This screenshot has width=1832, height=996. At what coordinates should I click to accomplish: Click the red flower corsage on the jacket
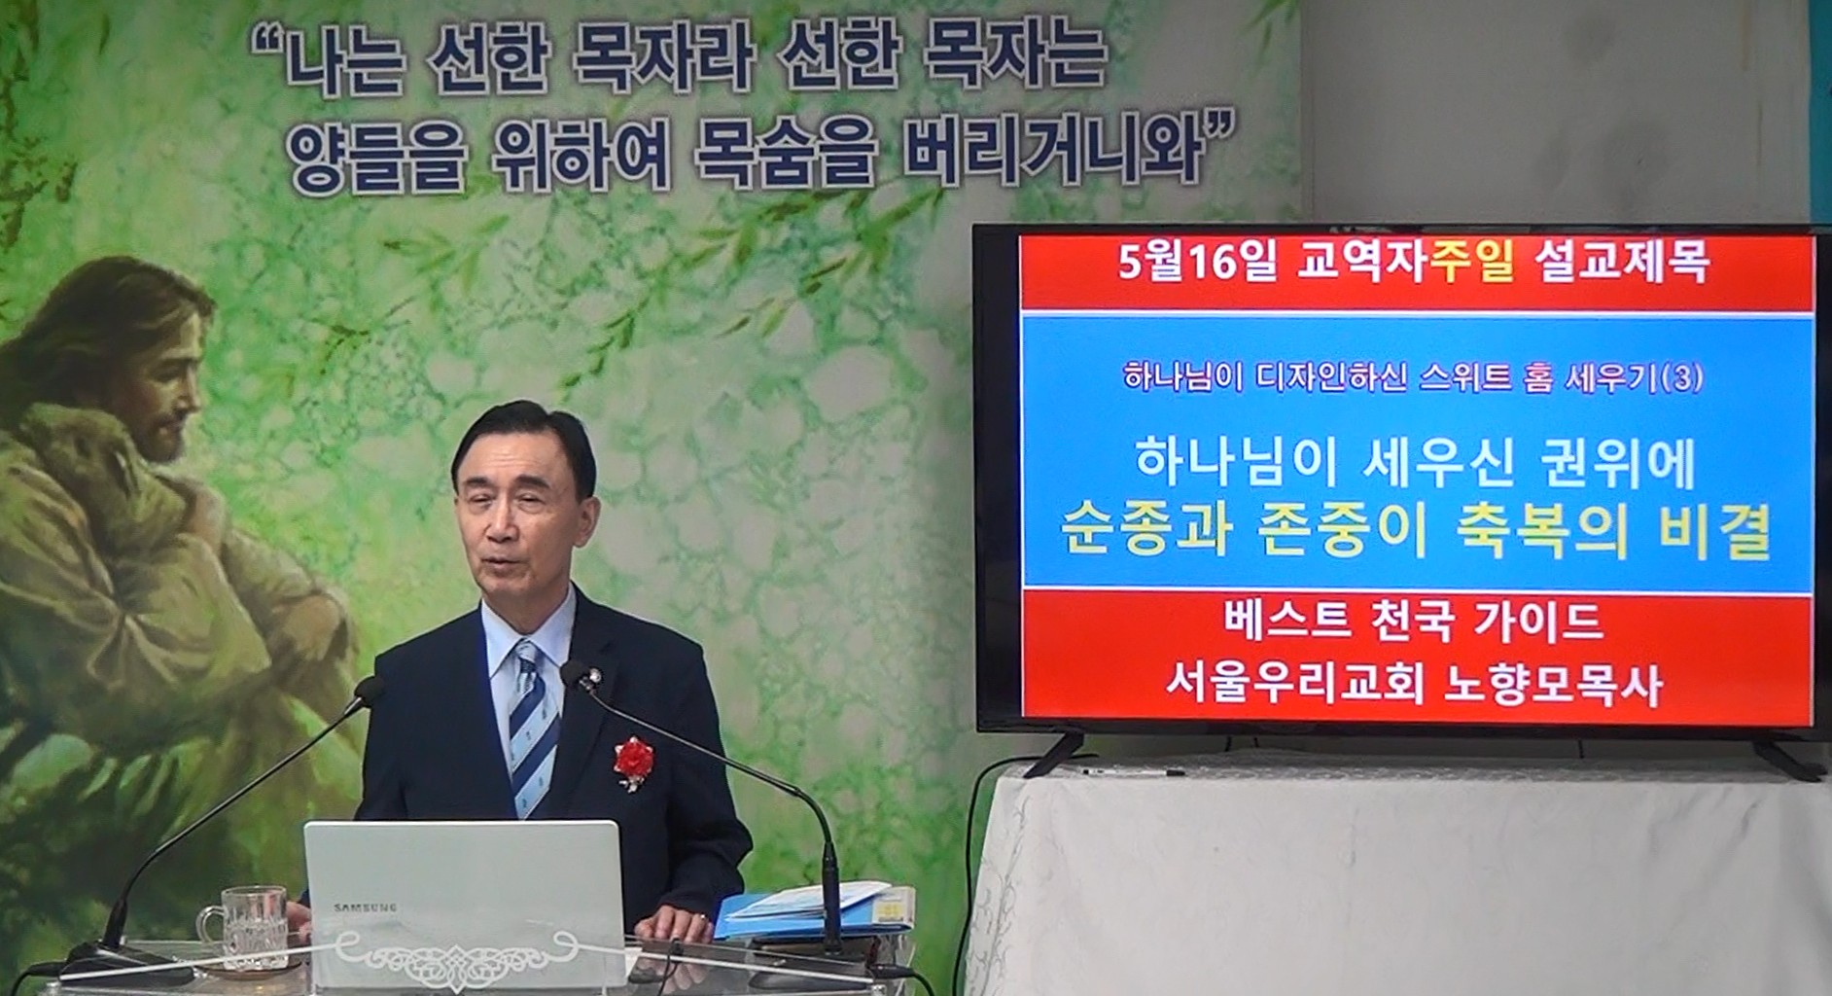[x=633, y=759]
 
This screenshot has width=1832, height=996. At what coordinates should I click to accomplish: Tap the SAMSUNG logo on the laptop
[x=366, y=907]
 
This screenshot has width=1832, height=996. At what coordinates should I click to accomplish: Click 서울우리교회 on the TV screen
[x=1294, y=685]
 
